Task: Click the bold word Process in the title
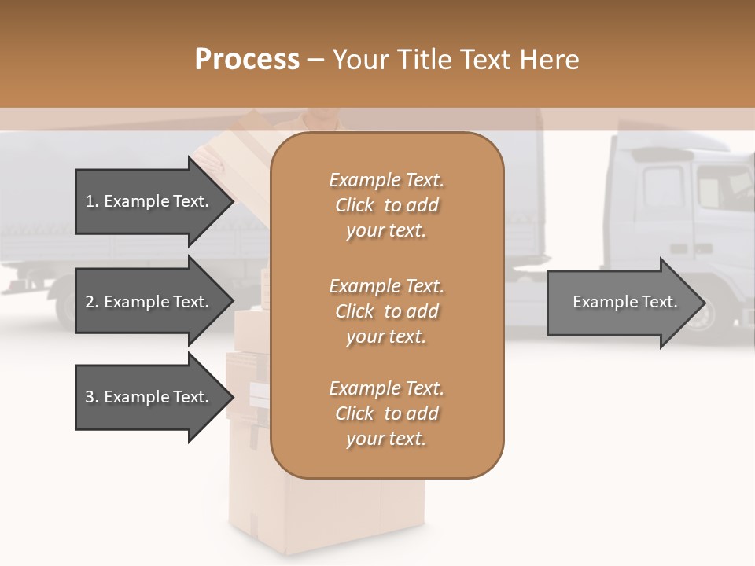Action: coord(247,60)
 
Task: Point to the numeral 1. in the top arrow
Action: coord(91,201)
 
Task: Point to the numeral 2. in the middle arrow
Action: coord(91,302)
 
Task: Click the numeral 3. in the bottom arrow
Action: coord(91,397)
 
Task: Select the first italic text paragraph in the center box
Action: coord(386,205)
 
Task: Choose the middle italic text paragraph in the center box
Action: coord(386,311)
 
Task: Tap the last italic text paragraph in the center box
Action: coord(386,413)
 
